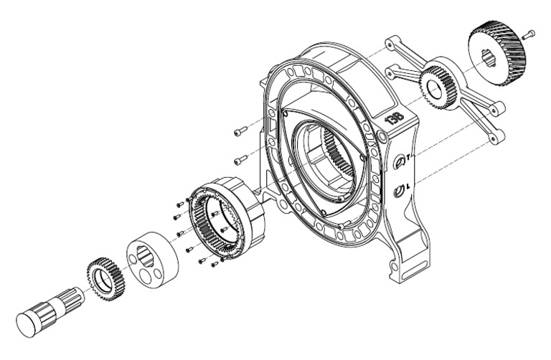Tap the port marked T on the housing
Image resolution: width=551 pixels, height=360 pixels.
[400, 161]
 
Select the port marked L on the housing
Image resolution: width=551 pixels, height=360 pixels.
[400, 190]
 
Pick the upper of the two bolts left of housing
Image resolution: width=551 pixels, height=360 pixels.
[240, 131]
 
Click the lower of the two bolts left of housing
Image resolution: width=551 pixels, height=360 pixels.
[241, 158]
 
